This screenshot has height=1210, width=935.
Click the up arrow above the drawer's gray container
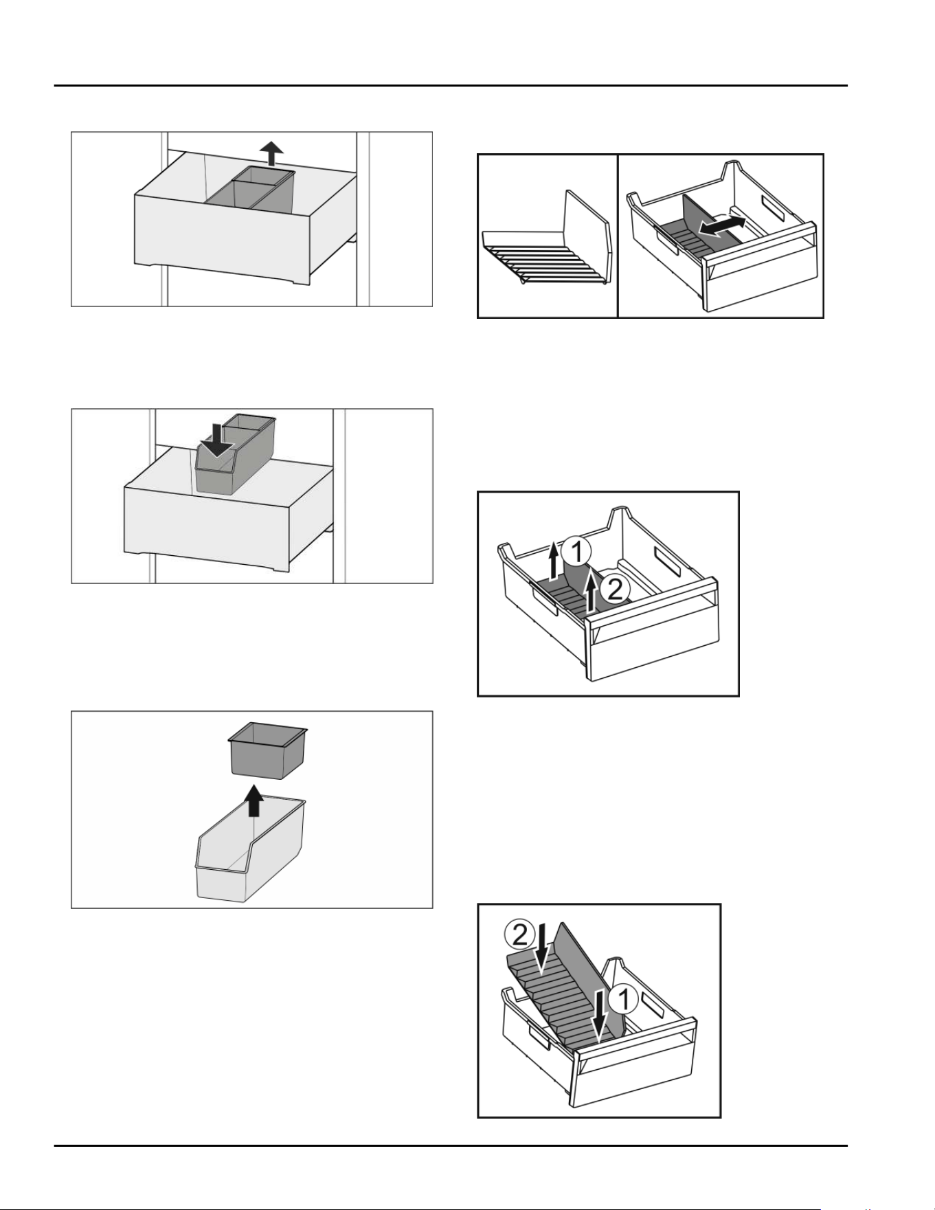273,153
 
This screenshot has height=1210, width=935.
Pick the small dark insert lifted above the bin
267,750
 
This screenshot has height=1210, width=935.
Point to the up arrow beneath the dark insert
255,800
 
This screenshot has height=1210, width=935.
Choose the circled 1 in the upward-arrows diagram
576,552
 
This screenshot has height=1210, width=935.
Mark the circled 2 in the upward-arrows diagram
615,588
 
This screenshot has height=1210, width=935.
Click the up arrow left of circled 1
554,560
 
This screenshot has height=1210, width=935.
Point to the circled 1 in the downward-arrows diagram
624,1000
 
